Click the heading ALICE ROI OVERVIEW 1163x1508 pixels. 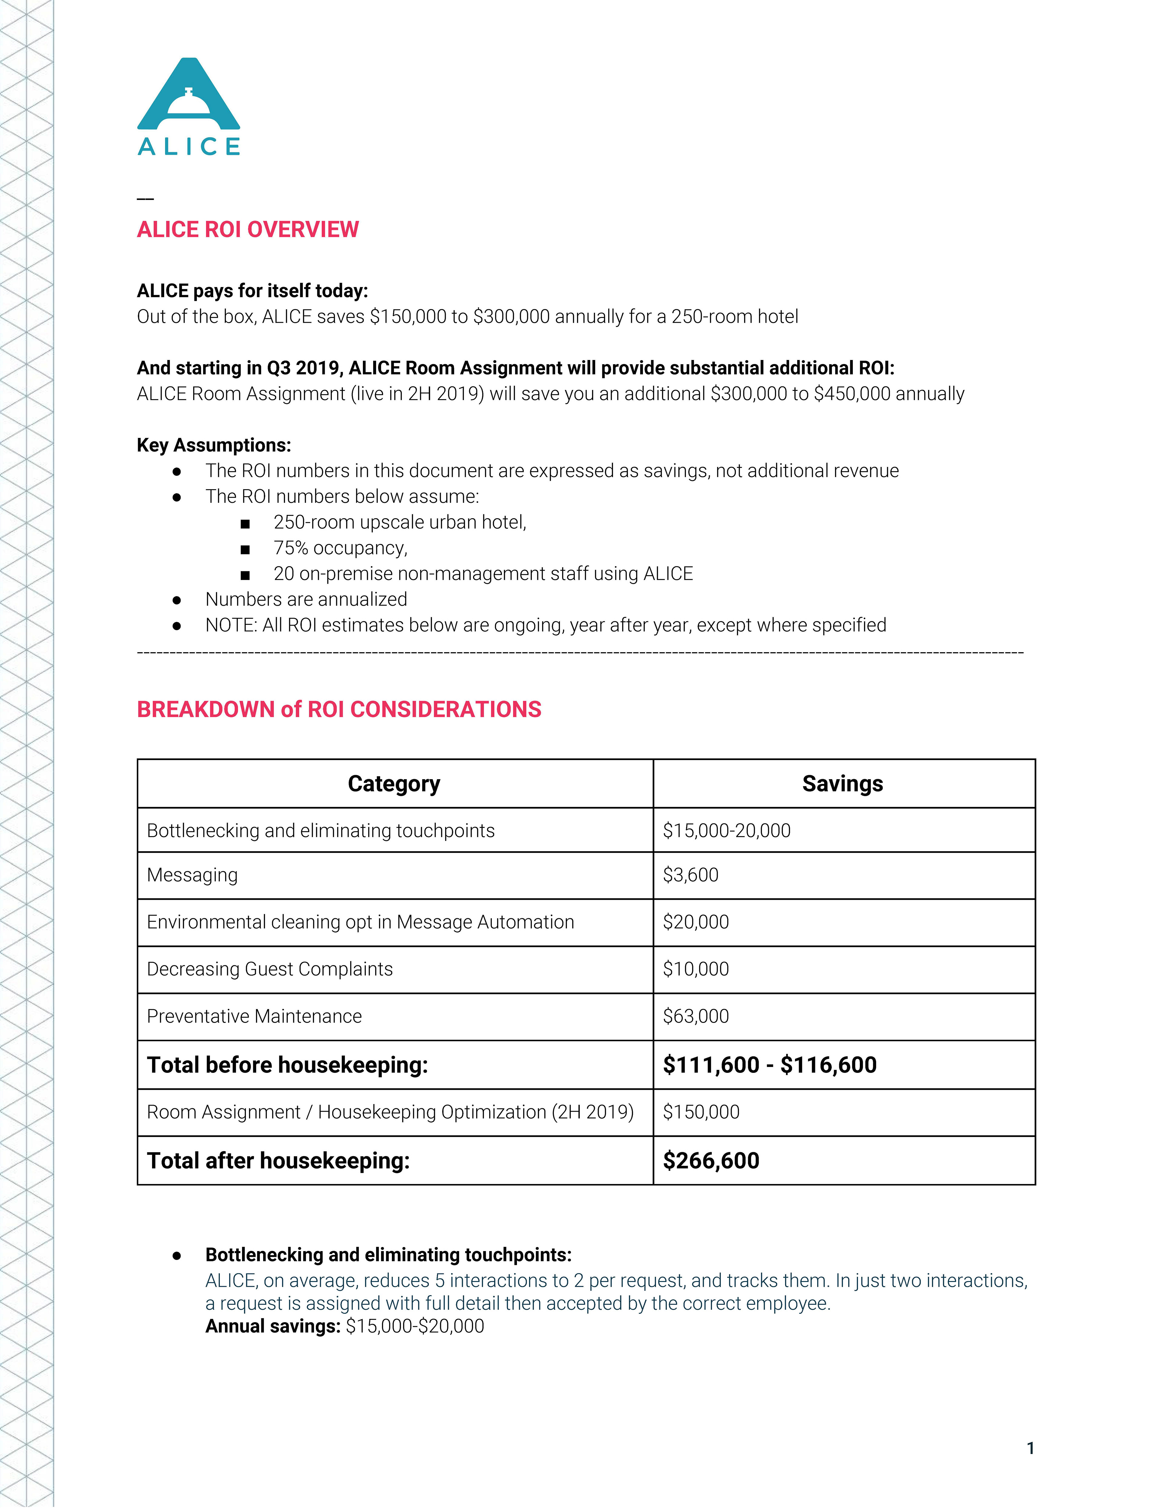pyautogui.click(x=248, y=229)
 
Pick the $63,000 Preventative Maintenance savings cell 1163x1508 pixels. pyautogui.click(x=696, y=1016)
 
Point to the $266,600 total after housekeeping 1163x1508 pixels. pyautogui.click(x=711, y=1160)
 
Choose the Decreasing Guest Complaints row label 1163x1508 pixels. pyautogui.click(x=270, y=969)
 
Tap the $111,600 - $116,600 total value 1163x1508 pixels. pyautogui.click(x=770, y=1065)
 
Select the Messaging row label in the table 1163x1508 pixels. pyautogui.click(x=193, y=875)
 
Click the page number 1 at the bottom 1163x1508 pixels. pyautogui.click(x=1030, y=1448)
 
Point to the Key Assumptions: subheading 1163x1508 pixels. pyautogui.click(x=214, y=445)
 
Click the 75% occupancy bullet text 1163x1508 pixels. pyautogui.click(x=340, y=548)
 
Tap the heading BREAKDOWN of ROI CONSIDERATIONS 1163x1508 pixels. pyautogui.click(x=339, y=709)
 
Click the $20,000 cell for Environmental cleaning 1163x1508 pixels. pyautogui.click(x=696, y=922)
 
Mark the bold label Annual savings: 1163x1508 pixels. pyautogui.click(x=273, y=1326)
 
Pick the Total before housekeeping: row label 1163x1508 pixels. pyautogui.click(x=287, y=1065)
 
